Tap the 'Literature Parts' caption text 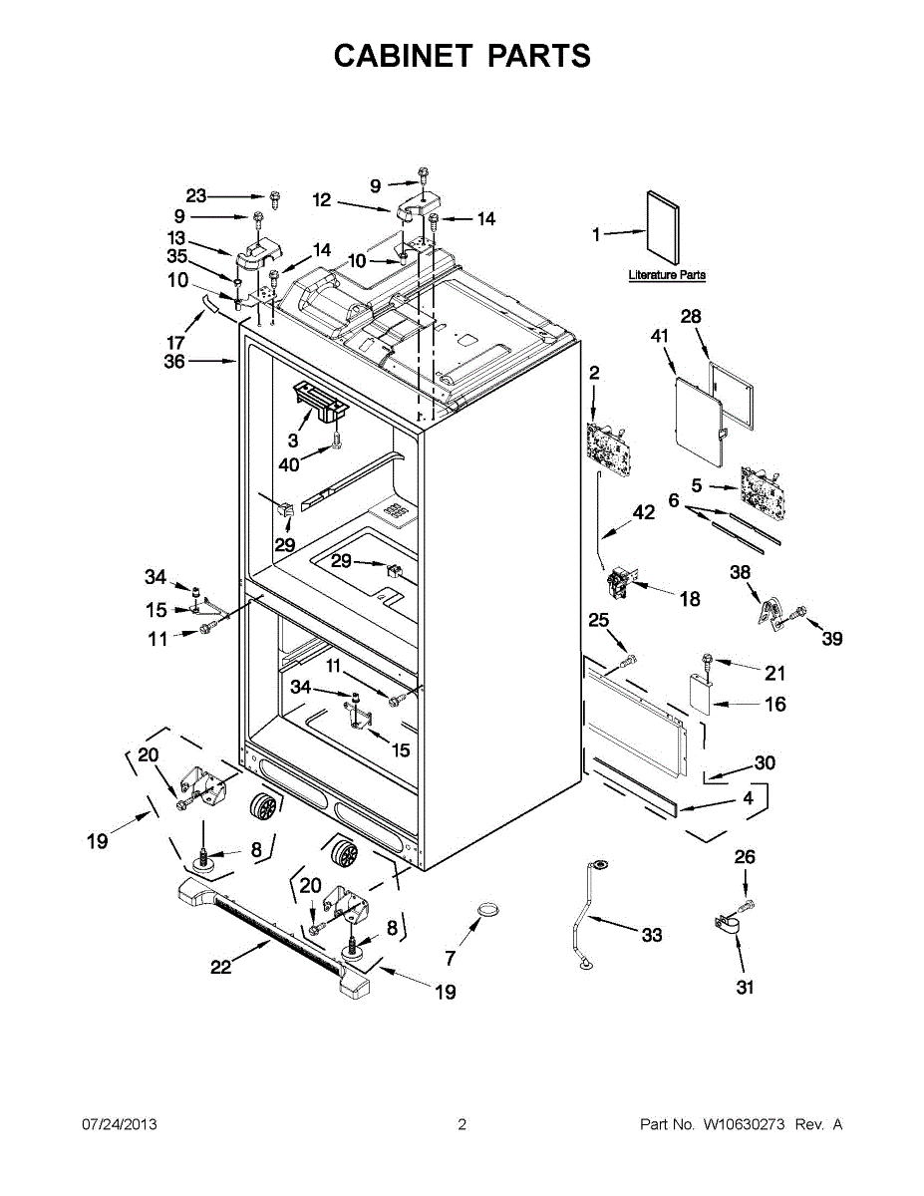pos(667,275)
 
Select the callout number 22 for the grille pos(221,966)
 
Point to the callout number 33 pos(651,935)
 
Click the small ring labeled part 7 pos(487,910)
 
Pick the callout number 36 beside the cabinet pos(174,362)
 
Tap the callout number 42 pos(644,513)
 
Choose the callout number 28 pos(691,316)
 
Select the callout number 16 pos(774,704)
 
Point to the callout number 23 pos(196,195)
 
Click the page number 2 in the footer pos(462,1124)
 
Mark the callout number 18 pos(690,599)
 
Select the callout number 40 pos(289,463)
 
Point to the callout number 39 pos(832,637)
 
